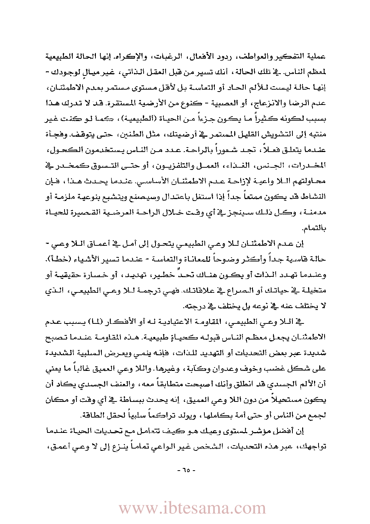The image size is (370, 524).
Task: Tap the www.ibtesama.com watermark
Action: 192,508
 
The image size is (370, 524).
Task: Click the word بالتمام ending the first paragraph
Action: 316,228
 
